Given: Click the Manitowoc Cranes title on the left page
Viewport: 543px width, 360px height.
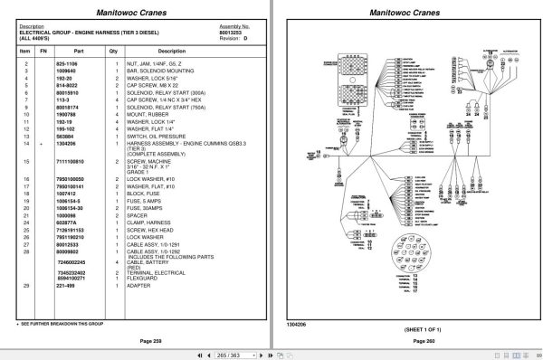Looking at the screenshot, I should coord(135,12).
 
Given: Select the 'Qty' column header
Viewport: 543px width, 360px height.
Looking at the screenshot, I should coord(113,52).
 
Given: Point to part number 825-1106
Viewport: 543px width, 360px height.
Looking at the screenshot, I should coord(68,63).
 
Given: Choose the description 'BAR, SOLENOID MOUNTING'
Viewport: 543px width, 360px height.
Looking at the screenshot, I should coord(162,70).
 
